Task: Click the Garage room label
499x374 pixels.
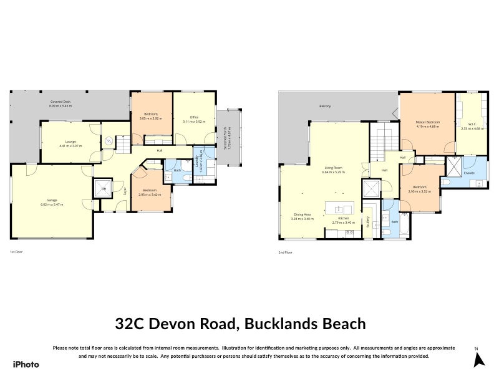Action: [x=52, y=202]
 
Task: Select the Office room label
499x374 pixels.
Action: [x=194, y=118]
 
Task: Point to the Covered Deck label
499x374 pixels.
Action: [x=61, y=104]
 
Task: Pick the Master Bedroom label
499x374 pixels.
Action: [x=428, y=123]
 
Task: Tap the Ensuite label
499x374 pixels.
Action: [x=469, y=173]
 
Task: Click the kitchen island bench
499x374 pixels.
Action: [x=339, y=209]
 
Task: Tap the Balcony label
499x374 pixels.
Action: [x=325, y=107]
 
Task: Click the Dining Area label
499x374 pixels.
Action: [x=301, y=216]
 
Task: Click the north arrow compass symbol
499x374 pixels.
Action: [x=479, y=359]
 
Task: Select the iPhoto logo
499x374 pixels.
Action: [x=26, y=364]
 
